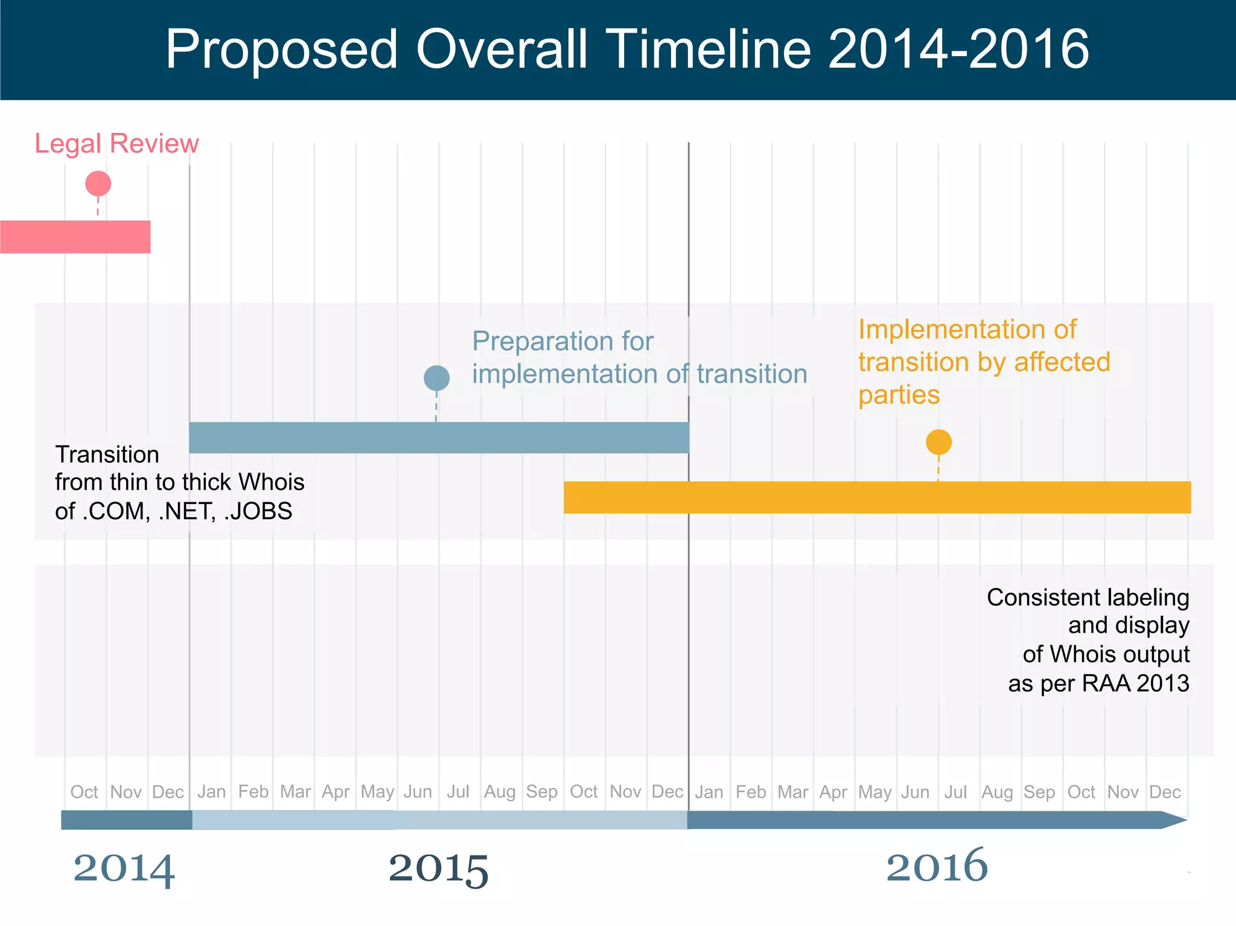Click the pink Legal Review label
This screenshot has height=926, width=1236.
click(116, 144)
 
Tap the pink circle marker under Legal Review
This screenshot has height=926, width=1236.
click(98, 184)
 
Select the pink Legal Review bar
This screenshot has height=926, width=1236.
click(75, 237)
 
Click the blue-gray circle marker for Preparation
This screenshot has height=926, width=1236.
click(436, 378)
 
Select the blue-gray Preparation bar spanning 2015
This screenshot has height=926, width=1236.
click(439, 438)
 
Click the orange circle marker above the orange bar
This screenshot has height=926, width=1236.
click(938, 442)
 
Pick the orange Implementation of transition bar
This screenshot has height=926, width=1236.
click(877, 497)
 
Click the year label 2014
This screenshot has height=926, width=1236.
click(124, 868)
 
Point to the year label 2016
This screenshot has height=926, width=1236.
click(937, 866)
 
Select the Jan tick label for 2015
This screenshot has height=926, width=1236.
click(211, 791)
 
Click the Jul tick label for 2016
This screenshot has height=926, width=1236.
click(955, 791)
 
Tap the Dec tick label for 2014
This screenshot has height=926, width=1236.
click(168, 791)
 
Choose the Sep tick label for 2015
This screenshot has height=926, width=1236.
click(541, 791)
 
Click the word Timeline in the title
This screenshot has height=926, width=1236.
click(709, 49)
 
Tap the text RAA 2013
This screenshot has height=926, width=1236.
click(1135, 683)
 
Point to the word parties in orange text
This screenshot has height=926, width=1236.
click(899, 395)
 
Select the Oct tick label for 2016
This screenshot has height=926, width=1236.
click(1081, 791)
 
